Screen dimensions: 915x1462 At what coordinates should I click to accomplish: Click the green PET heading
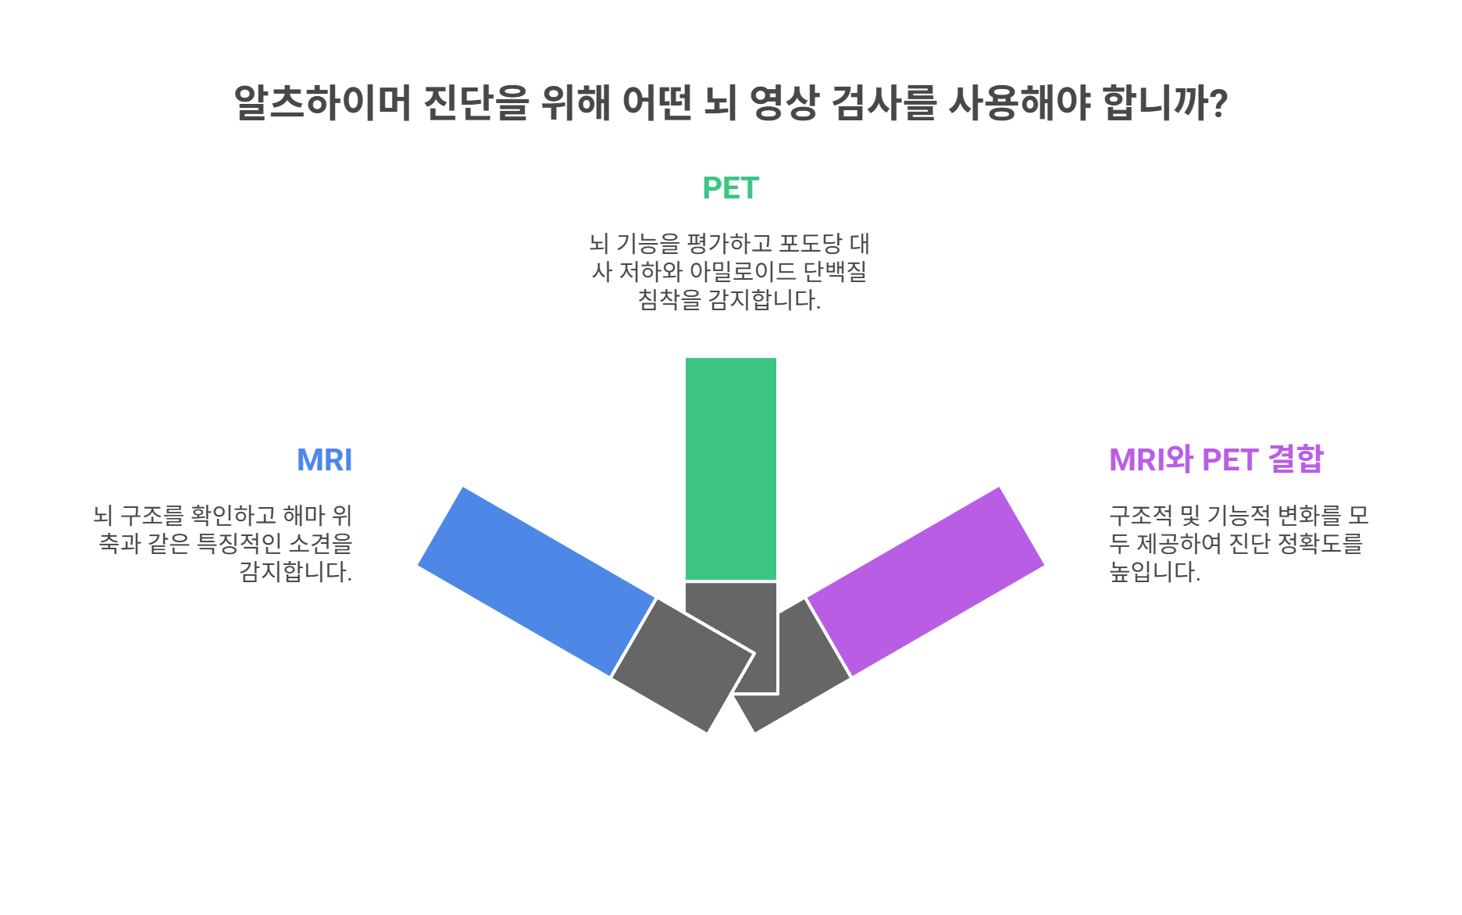730,188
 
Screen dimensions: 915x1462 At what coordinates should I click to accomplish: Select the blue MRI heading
324,460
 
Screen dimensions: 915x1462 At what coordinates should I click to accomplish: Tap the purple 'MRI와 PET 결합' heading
1216,459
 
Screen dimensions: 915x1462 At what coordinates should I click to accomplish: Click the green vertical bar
730,468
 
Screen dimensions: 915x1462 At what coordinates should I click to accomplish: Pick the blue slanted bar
536,581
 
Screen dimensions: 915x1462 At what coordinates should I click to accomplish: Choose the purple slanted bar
925,581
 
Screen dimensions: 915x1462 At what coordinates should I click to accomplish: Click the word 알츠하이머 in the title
323,102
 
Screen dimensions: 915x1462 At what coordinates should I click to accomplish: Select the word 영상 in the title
783,102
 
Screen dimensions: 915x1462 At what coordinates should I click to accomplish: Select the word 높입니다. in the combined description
1154,572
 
